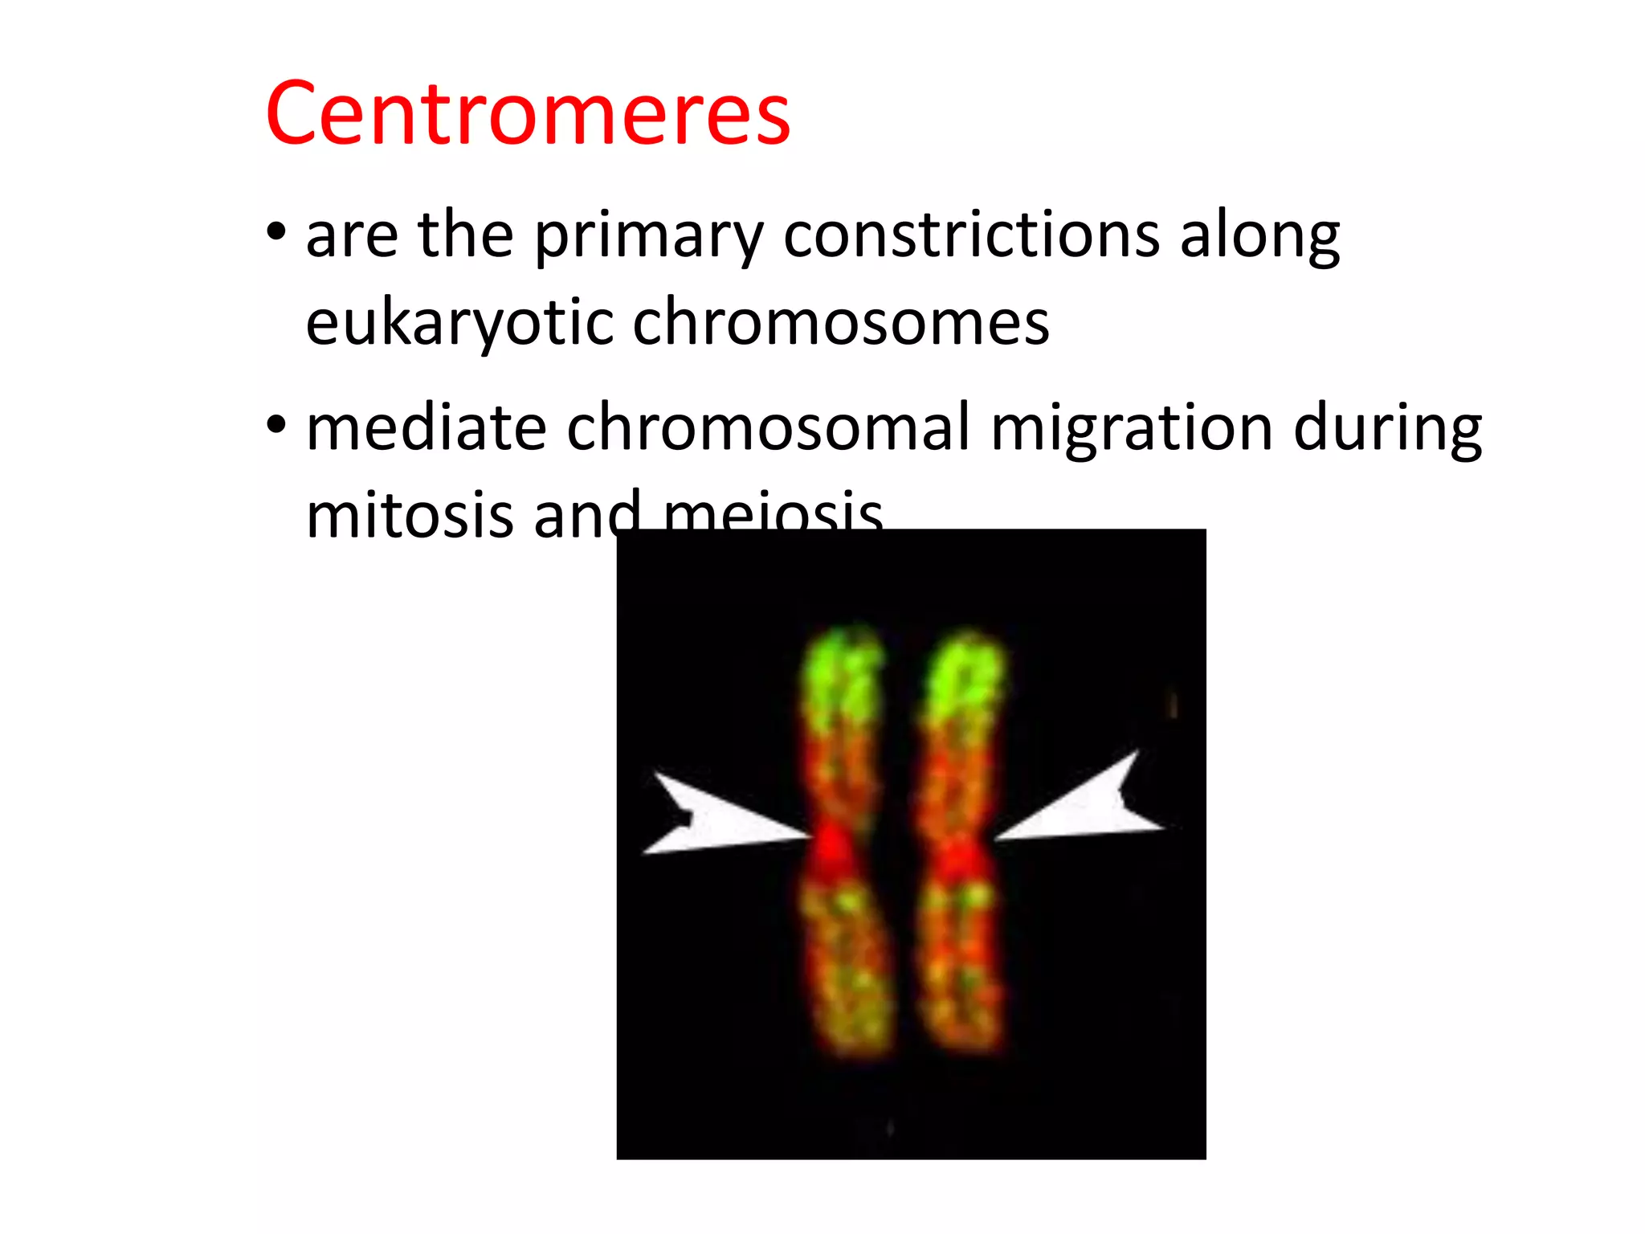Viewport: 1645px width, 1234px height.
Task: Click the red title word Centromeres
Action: [528, 114]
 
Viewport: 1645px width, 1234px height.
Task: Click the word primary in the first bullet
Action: [647, 237]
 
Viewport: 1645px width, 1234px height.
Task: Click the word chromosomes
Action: [840, 323]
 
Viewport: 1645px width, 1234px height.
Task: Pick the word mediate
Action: [427, 428]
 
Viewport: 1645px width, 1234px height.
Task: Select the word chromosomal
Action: [768, 428]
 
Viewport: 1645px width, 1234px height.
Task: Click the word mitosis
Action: [410, 515]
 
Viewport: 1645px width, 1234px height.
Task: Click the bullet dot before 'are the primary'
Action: [276, 234]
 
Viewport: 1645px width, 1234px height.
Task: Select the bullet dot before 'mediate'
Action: [276, 425]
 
